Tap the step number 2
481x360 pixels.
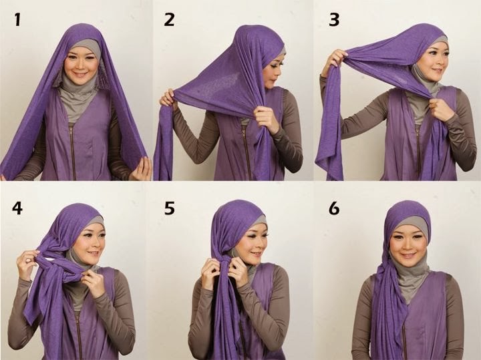tap(169, 20)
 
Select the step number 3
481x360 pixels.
tap(333, 20)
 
